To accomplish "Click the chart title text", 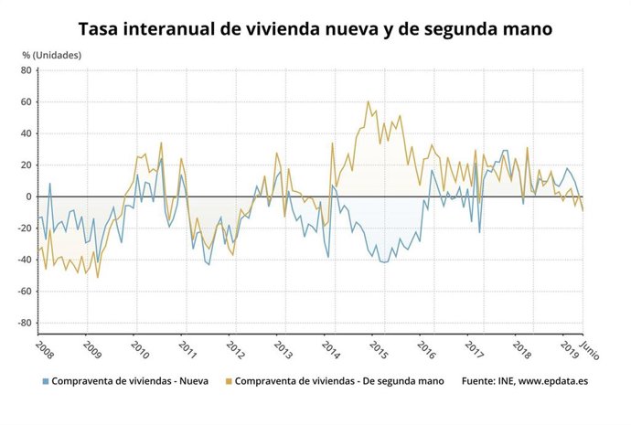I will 315,29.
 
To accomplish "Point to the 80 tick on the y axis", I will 26,70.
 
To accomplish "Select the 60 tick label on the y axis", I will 26,101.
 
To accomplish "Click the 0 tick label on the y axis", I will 28,197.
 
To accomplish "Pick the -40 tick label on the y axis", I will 24,260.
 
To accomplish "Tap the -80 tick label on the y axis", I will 24,323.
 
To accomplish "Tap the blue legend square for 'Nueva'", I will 44,380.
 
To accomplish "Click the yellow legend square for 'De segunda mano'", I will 228,380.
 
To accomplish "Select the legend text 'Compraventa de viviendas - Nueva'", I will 130,380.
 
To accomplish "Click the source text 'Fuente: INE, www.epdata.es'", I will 525,380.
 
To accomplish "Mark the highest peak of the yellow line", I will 368,101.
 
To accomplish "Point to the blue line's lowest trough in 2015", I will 384,262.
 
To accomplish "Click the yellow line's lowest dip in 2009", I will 98,277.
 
